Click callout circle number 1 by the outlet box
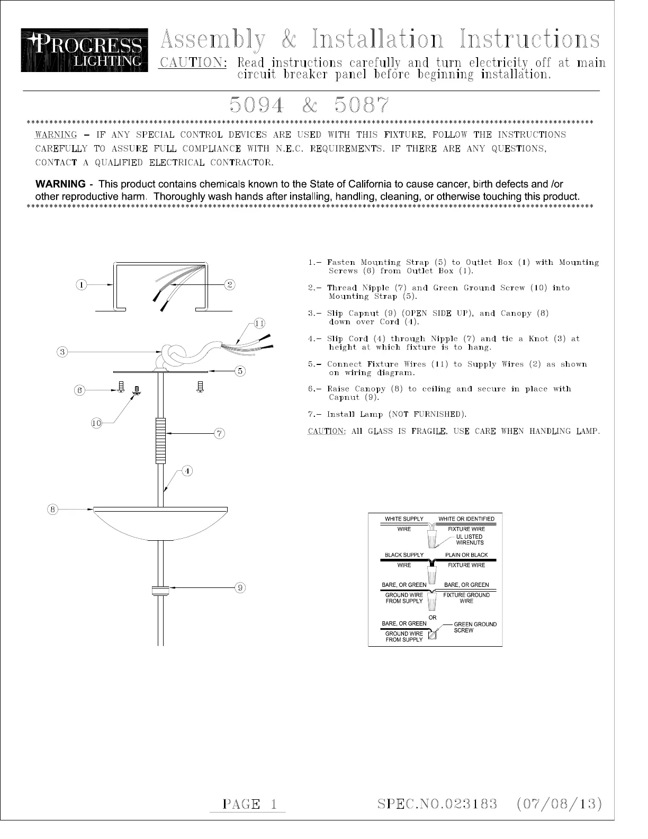pyautogui.click(x=81, y=285)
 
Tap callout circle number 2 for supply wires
pyautogui.click(x=230, y=284)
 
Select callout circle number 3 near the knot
pyautogui.click(x=62, y=352)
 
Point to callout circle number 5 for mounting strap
pyautogui.click(x=240, y=371)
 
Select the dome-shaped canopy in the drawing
pyautogui.click(x=160, y=523)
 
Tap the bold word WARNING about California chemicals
pyautogui.click(x=60, y=184)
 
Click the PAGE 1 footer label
pyautogui.click(x=250, y=804)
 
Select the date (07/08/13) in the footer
pyautogui.click(x=559, y=804)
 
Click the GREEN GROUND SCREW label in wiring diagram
pyautogui.click(x=475, y=627)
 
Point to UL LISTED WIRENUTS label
pyautogui.click(x=470, y=539)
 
